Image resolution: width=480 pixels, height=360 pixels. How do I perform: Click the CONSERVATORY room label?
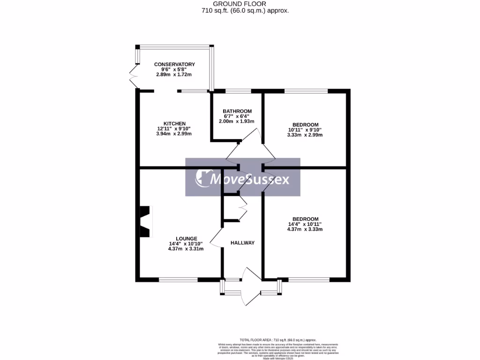pos(174,64)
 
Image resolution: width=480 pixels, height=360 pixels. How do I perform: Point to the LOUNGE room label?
pos(186,238)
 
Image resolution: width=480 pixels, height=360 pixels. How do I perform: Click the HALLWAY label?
pos(242,243)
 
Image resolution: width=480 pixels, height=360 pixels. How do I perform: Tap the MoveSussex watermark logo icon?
pos(202,178)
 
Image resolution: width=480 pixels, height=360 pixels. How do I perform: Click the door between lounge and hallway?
pos(216,238)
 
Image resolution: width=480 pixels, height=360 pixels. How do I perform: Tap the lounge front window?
pos(178,280)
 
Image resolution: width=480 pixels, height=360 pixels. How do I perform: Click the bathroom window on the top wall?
pos(238,90)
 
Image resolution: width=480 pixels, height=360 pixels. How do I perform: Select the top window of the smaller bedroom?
pos(306,90)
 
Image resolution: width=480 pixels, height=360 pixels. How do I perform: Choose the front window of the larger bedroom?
pos(309,280)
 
